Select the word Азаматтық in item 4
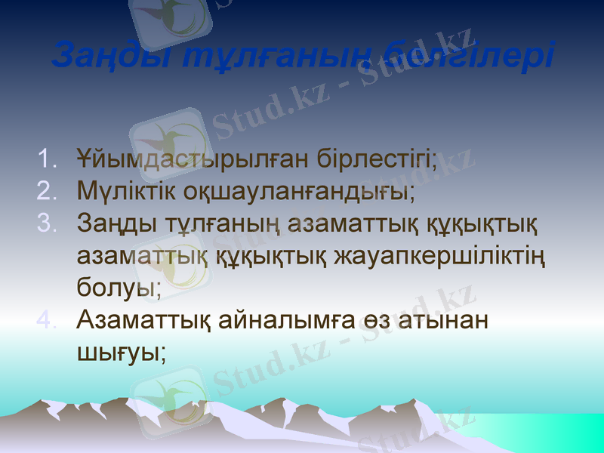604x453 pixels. (x=143, y=320)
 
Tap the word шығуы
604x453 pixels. (x=122, y=353)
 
